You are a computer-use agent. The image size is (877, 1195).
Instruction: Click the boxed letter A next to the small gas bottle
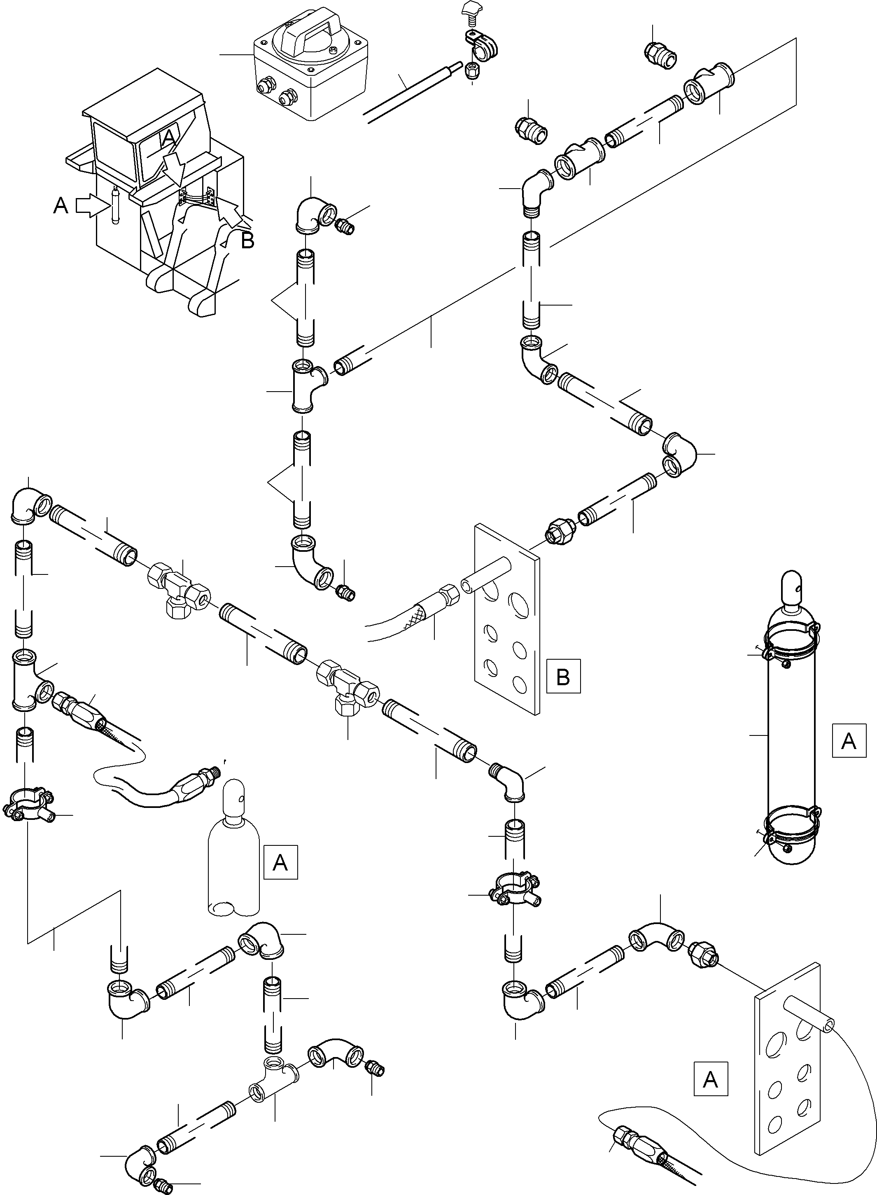point(280,862)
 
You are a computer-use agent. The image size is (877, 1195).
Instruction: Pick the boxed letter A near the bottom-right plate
point(710,1079)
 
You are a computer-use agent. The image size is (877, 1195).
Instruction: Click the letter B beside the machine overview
point(247,240)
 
